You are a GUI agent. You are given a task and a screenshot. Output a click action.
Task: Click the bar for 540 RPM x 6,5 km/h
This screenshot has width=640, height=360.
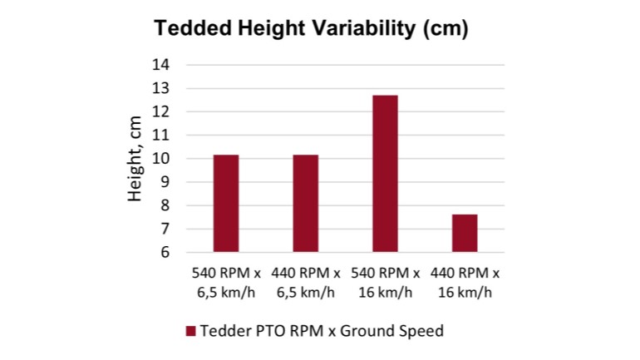[x=226, y=203]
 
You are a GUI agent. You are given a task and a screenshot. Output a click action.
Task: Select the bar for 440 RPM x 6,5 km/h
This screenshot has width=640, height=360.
[x=305, y=203]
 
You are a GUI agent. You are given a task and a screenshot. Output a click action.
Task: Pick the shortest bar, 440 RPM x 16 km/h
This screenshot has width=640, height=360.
[x=465, y=233]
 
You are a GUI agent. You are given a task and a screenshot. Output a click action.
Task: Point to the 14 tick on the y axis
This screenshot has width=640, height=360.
[x=161, y=65]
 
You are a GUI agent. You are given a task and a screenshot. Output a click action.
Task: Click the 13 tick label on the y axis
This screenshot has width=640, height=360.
[x=161, y=88]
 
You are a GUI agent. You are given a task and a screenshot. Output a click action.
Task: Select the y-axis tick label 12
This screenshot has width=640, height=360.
[x=161, y=111]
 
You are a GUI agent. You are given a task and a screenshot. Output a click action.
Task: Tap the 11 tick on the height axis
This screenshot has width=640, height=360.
[x=161, y=135]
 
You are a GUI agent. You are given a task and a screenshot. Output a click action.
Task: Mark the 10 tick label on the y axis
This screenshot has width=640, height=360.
[x=161, y=159]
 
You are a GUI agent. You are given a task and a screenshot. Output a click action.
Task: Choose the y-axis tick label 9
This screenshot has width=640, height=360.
[x=165, y=182]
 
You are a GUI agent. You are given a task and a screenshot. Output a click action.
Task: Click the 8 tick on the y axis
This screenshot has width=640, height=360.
[x=165, y=205]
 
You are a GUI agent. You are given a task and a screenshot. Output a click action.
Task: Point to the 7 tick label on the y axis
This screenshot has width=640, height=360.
[x=165, y=229]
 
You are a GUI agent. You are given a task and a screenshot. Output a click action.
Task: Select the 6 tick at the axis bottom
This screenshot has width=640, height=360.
[x=165, y=252]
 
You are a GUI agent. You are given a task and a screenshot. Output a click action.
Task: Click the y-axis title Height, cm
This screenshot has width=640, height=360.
[x=135, y=158]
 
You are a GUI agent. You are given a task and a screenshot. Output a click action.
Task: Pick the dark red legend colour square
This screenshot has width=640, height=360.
[x=190, y=331]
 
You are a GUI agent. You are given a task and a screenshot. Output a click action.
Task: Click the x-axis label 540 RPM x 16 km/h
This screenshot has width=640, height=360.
[x=385, y=282]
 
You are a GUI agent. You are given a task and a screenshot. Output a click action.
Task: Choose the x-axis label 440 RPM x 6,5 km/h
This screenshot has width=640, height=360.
[x=305, y=282]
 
